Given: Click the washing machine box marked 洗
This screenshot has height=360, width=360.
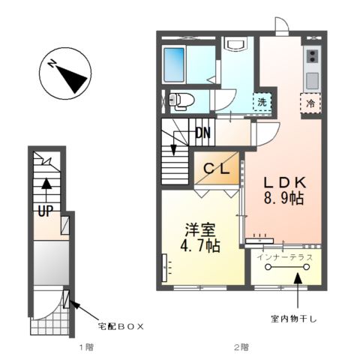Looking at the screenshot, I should coord(262,101).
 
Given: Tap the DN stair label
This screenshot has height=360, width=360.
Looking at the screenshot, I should coord(202,133).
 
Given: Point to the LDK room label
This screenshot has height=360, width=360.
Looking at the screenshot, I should coord(283,182).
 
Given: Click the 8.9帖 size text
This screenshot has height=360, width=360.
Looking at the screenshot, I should coord(283,200).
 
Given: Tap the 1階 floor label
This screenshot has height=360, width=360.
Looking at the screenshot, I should coord(87,347).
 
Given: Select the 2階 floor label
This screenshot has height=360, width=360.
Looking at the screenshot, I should coord(240,347).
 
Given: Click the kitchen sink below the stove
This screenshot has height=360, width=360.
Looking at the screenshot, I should coord(312,78).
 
